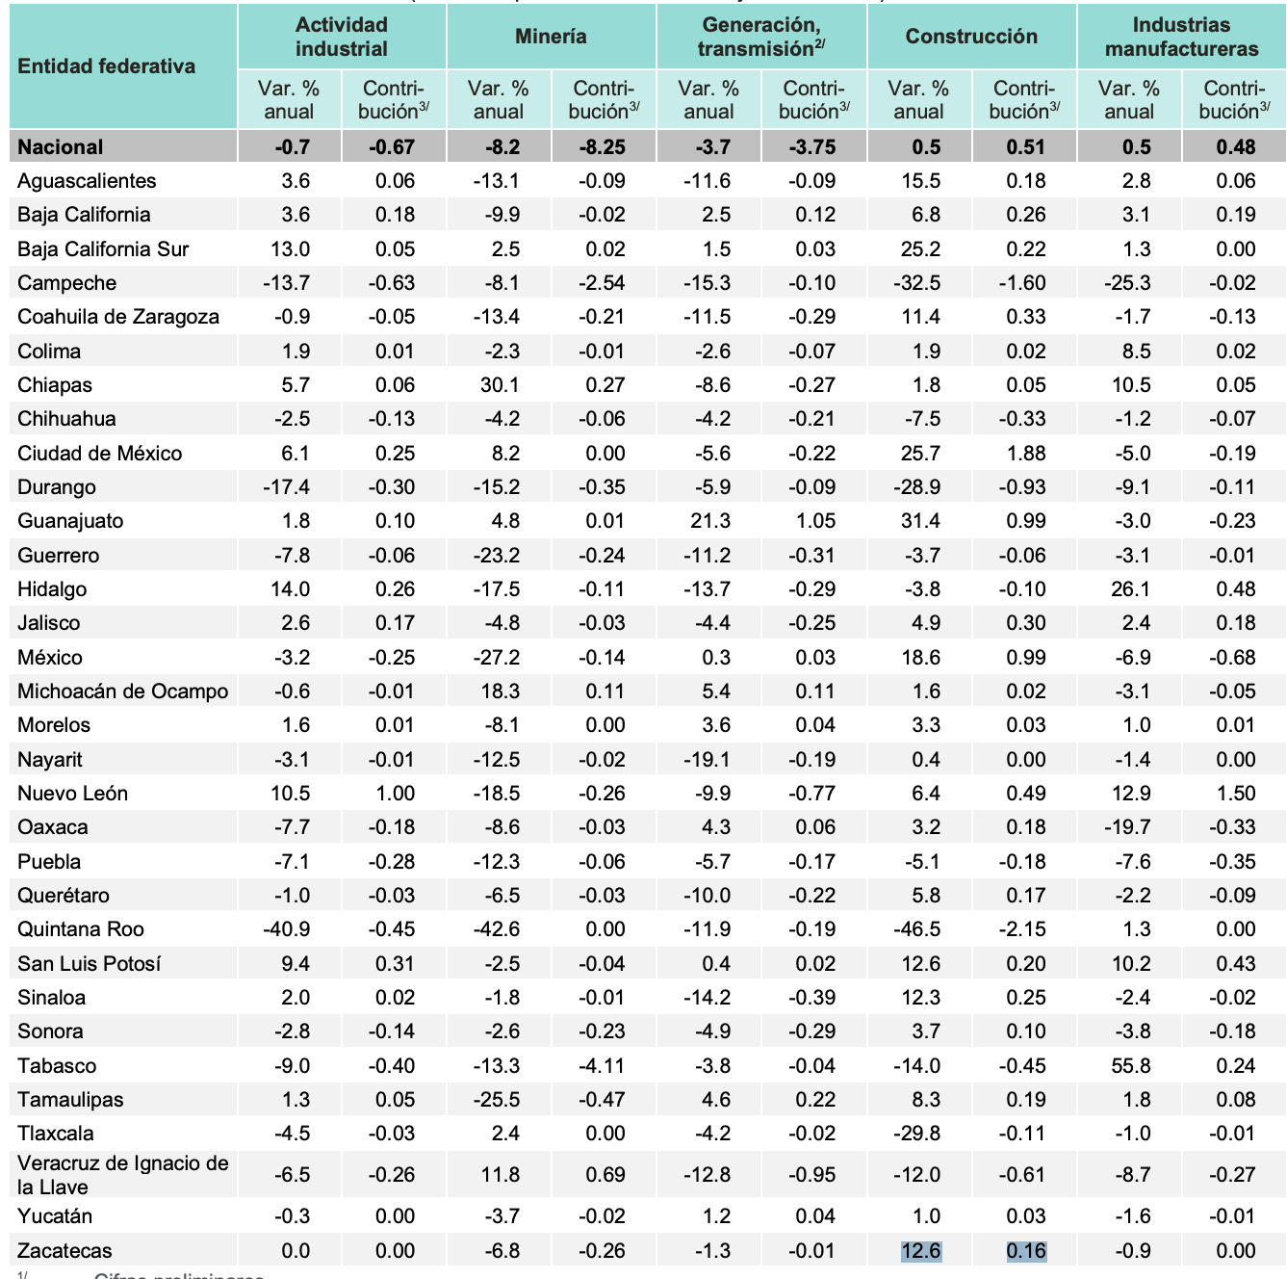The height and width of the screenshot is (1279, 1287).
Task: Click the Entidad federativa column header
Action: click(106, 66)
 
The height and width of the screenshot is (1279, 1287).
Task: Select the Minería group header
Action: click(551, 37)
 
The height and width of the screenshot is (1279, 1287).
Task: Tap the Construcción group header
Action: click(971, 37)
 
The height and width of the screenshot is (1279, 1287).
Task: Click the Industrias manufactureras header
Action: click(1181, 37)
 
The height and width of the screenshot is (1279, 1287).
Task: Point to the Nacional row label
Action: click(60, 147)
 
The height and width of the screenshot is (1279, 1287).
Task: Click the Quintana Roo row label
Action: click(81, 929)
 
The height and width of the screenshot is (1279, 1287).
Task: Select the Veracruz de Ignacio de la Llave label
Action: click(122, 1174)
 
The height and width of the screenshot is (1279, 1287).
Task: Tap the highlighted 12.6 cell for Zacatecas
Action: click(920, 1251)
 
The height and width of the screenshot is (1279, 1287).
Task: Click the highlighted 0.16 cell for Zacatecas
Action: click(1026, 1251)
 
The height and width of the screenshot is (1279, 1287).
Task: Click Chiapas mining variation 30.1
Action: click(500, 385)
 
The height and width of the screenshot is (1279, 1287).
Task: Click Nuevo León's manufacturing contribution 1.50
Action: click(1236, 794)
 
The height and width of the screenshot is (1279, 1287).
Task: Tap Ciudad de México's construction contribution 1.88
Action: click(1026, 454)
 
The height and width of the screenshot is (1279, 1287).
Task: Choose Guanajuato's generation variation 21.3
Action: click(709, 521)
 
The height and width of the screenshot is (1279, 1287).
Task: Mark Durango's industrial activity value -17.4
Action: click(286, 487)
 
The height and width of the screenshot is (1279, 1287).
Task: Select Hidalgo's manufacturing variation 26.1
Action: click(1130, 589)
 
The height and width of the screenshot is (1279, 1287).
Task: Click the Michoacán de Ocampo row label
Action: click(122, 692)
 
